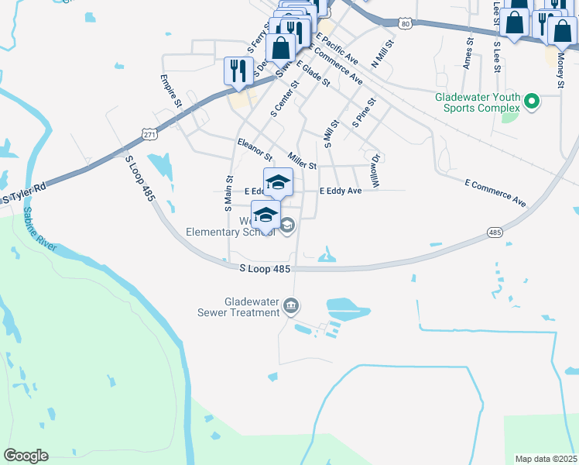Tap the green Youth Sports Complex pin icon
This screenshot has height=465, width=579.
coord(532,101)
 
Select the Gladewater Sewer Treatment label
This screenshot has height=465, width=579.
coord(240,307)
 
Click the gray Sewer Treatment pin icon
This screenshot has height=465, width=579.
coord(290,305)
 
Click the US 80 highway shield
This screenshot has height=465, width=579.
coord(406,25)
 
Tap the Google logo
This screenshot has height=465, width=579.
coord(26,456)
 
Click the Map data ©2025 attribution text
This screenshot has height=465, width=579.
coord(545,459)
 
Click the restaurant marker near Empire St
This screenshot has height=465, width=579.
coord(237,71)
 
